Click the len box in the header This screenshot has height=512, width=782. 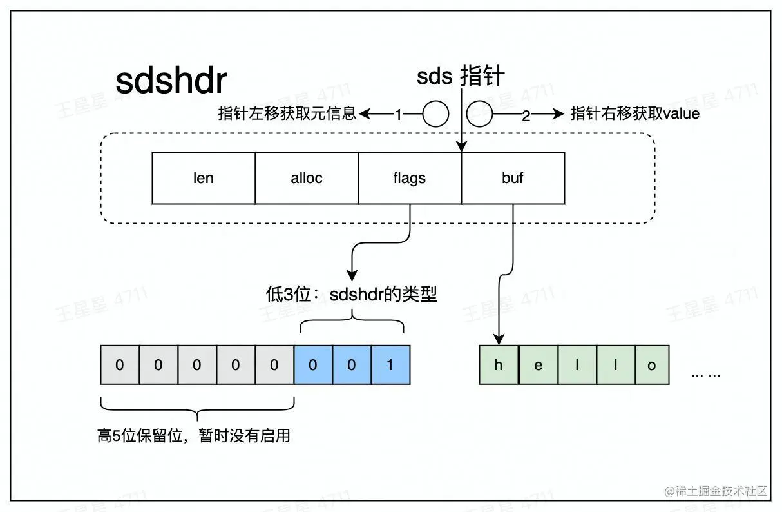click(x=204, y=178)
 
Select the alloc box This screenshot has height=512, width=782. click(x=307, y=178)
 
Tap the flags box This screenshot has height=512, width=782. click(x=410, y=178)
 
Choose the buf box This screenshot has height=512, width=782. click(x=513, y=178)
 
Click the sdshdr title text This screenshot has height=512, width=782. click(x=171, y=81)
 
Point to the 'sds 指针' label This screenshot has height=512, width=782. click(x=461, y=77)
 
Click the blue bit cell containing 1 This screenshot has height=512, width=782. click(x=390, y=365)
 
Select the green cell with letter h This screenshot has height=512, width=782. click(x=499, y=365)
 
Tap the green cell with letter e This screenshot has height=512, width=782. click(x=538, y=365)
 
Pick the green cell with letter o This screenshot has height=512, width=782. click(x=652, y=365)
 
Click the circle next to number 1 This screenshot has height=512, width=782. click(x=435, y=115)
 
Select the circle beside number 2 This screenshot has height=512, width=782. click(x=479, y=115)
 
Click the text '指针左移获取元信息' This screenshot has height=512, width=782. click(x=287, y=115)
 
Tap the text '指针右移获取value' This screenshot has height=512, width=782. click(x=635, y=115)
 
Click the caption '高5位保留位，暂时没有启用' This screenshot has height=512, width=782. click(x=194, y=436)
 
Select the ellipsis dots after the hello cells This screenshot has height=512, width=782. click(x=705, y=374)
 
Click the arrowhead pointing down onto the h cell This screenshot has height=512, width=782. click(x=499, y=339)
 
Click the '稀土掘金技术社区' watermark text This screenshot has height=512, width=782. click(x=721, y=491)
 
